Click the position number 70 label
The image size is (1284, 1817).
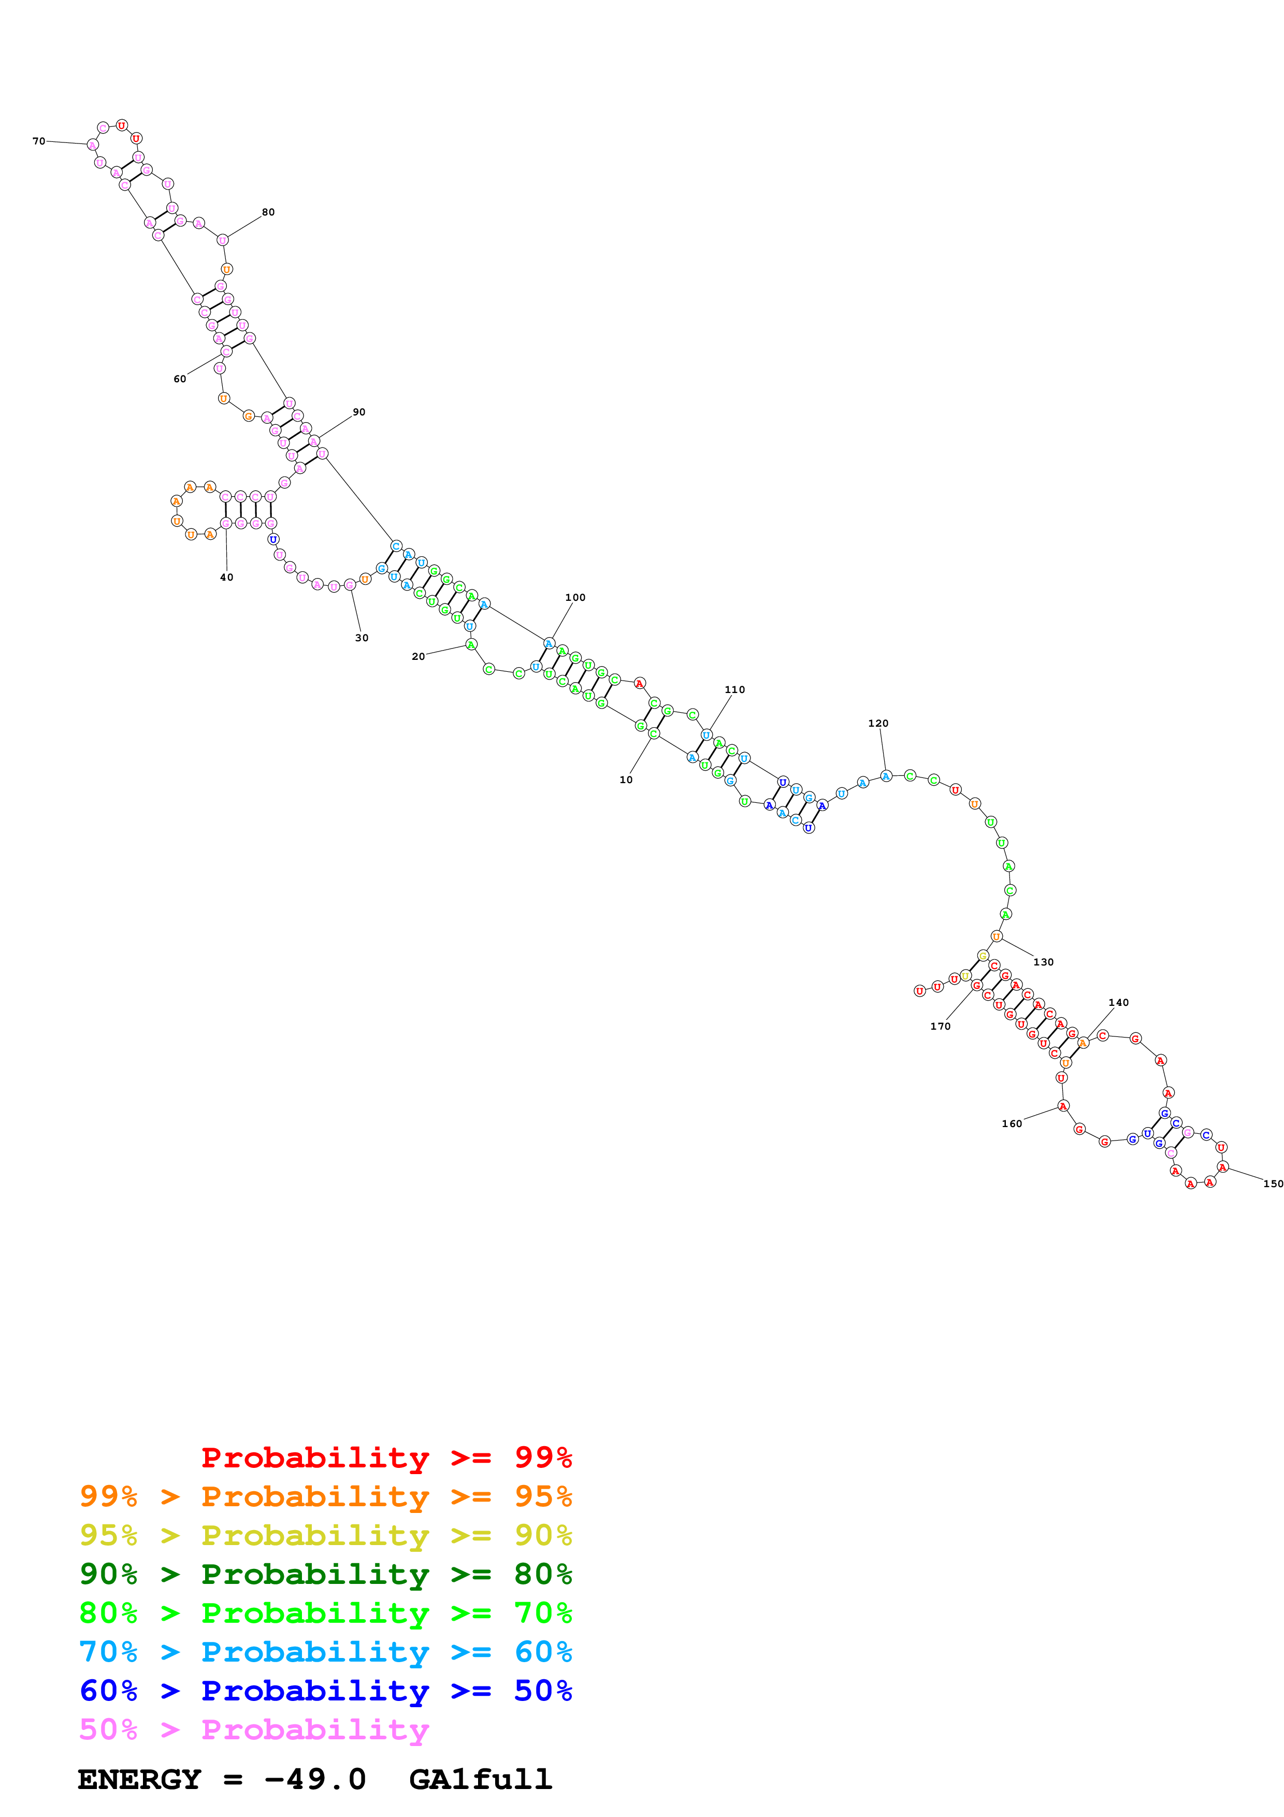38,141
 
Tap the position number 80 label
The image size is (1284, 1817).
268,212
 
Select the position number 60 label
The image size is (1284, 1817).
180,379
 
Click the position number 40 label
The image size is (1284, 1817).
227,578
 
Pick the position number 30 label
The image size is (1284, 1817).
362,638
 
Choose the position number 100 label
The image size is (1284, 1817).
575,598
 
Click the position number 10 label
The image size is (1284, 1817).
626,780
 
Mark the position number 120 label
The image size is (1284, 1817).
878,723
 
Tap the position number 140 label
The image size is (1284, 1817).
1119,1003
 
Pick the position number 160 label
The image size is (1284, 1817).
1012,1124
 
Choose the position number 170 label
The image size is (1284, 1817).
940,1027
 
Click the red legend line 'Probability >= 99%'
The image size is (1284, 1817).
386,1458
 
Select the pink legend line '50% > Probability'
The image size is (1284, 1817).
253,1730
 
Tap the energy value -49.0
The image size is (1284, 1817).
315,1780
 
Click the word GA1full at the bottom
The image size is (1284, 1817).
480,1780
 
